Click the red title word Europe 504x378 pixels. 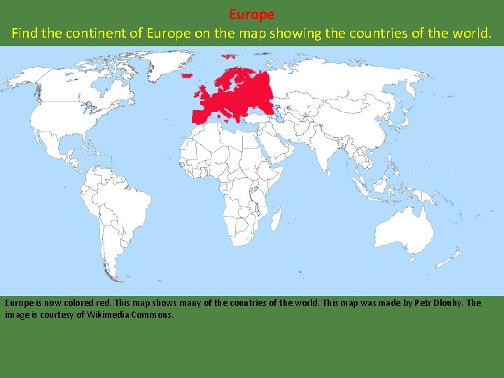251,14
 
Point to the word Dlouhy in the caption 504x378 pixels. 444,303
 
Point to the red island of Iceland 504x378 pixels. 188,75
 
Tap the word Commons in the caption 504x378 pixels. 149,315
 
